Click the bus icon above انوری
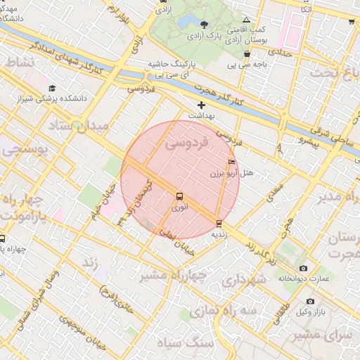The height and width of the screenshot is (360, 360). click(179, 198)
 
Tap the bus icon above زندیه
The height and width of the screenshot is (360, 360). click(219, 224)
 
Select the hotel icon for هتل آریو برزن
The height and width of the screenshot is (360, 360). click(232, 162)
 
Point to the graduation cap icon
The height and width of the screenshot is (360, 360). click(52, 89)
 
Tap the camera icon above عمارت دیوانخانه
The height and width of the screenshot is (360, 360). click(303, 269)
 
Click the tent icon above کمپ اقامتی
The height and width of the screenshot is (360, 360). click(245, 20)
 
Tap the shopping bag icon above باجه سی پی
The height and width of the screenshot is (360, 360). click(247, 54)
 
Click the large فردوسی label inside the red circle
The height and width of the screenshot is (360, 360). click(187, 143)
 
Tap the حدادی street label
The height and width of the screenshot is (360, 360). click(280, 53)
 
